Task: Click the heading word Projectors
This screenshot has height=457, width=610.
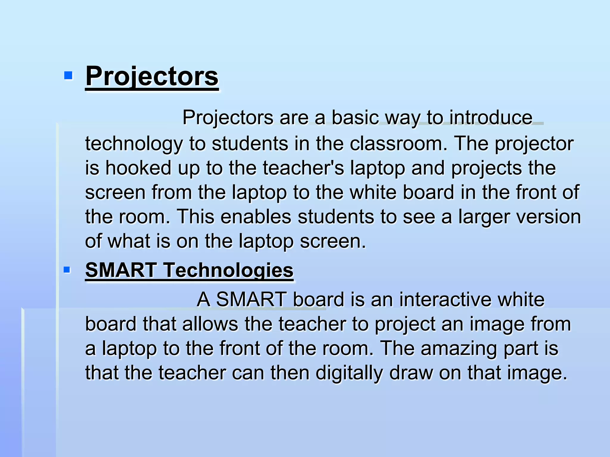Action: pyautogui.click(x=152, y=76)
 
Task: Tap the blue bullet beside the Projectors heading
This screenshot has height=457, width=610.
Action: pyautogui.click(x=68, y=76)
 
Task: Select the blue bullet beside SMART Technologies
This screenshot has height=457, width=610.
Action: pyautogui.click(x=67, y=270)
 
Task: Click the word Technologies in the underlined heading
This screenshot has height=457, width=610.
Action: pyautogui.click(x=228, y=270)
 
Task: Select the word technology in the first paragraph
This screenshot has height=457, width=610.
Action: pyautogui.click(x=134, y=144)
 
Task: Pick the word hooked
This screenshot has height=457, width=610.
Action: pyautogui.click(x=139, y=168)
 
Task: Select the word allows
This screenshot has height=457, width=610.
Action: pyautogui.click(x=210, y=324)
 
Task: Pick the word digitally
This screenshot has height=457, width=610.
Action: pyautogui.click(x=349, y=373)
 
